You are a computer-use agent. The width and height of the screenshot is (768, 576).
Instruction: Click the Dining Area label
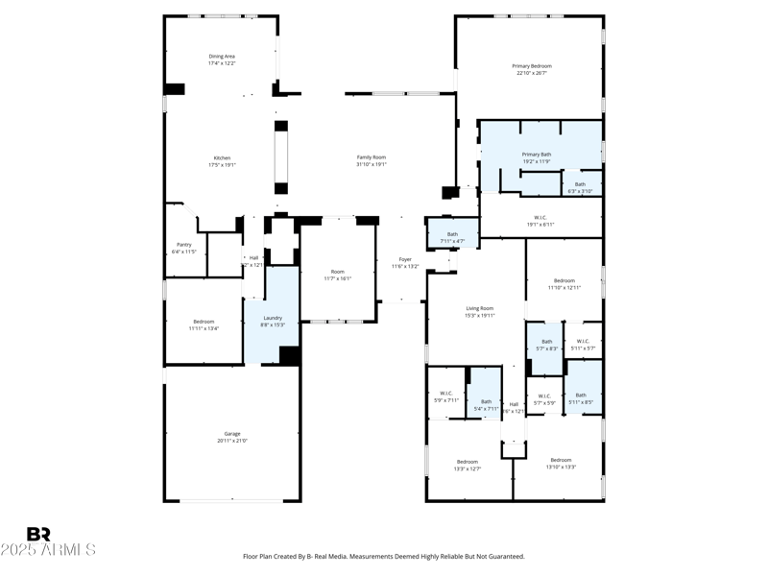coord(222,57)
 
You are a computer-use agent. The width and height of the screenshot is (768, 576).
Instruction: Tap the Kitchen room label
coord(222,158)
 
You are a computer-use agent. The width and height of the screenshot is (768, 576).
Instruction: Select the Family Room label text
coord(372,157)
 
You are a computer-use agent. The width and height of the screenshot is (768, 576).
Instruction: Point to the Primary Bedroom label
coord(531,66)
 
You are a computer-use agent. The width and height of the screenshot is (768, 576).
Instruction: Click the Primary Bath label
coord(537,155)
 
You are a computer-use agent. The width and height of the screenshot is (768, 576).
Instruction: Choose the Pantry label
coord(183,245)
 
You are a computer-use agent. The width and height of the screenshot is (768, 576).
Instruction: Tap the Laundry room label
coord(273,318)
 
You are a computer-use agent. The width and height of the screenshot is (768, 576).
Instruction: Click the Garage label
coord(232,434)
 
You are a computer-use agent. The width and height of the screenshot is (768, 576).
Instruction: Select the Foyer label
coord(405,258)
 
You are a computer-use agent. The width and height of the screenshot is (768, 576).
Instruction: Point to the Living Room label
coord(479,309)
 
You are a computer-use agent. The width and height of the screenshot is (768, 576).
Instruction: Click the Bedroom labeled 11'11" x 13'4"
coord(204,322)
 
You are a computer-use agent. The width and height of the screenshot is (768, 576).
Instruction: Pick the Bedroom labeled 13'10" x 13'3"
coord(561,460)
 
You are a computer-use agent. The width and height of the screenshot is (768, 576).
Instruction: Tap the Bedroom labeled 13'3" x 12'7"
coord(467,462)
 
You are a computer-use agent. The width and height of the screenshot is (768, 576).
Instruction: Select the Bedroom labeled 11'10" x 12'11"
coord(564,281)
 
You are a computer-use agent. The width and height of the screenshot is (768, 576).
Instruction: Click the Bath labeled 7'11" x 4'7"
coord(452,234)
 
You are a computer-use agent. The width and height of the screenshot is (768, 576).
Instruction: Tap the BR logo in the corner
coord(38,535)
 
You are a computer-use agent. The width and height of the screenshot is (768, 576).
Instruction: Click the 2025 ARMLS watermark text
coord(48,550)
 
